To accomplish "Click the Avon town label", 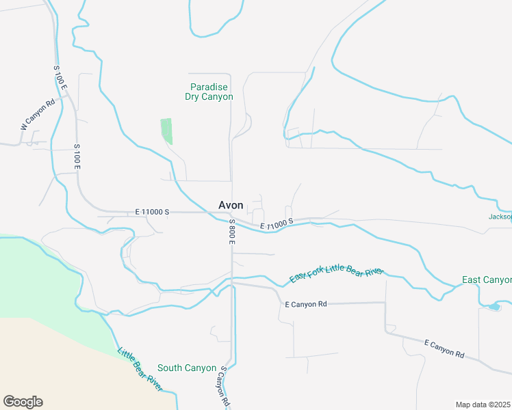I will pyautogui.click(x=231, y=205).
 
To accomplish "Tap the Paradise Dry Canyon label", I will pyautogui.click(x=209, y=92).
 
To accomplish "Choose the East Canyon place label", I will pyautogui.click(x=487, y=280).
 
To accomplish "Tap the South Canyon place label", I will pyautogui.click(x=187, y=368).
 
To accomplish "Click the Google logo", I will pyautogui.click(x=23, y=402).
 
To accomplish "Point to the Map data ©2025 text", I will pyautogui.click(x=483, y=405).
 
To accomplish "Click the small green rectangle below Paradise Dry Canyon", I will pyautogui.click(x=166, y=130).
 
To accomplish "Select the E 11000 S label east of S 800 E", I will pyautogui.click(x=277, y=223).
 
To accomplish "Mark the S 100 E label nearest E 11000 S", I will pyautogui.click(x=77, y=158).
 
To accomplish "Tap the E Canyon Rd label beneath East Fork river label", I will pyautogui.click(x=306, y=303).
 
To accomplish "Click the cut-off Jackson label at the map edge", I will pyautogui.click(x=500, y=217).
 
